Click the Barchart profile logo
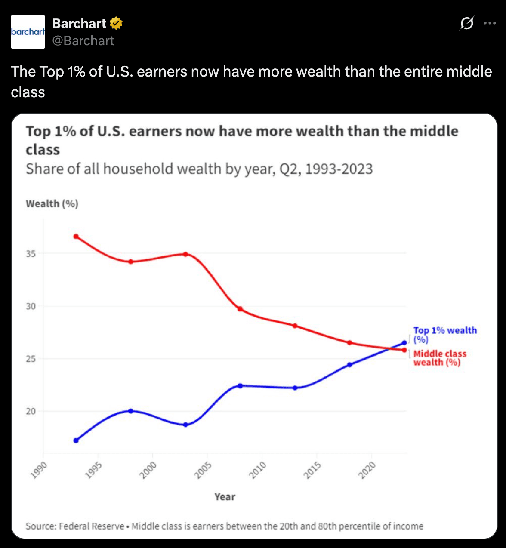point(28,32)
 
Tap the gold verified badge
point(116,23)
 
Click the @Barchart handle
point(83,40)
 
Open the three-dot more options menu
point(490,23)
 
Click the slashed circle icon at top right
point(466,23)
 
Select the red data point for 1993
point(76,237)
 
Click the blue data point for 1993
point(76,440)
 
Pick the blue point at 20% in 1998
point(131,411)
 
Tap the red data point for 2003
point(185,254)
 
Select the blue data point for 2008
point(240,386)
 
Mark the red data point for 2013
point(295,326)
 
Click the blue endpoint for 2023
point(404,343)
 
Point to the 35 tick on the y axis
point(31,254)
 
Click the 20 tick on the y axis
point(31,411)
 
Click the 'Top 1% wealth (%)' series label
point(444,335)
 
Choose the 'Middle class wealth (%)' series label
point(439,358)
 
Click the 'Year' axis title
point(225,497)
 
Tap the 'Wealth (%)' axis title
point(52,204)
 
